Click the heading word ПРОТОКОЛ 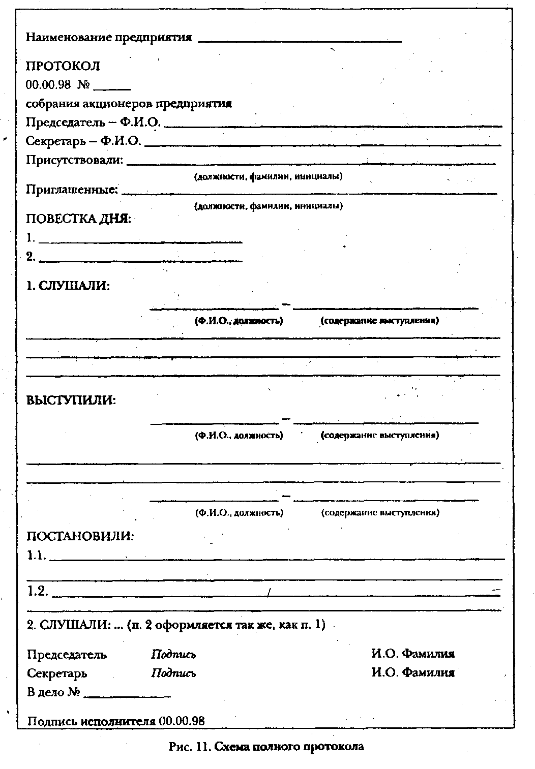click(63, 66)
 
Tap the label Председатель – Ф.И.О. click(94, 122)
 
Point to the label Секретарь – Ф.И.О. click(83, 141)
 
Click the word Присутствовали click(75, 160)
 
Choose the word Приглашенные click(72, 190)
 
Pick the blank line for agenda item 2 click(140, 261)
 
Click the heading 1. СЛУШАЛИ click(68, 286)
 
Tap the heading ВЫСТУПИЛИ click(71, 400)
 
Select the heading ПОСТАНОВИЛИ click(80, 536)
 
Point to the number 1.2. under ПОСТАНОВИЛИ click(38, 591)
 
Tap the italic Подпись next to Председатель click(173, 655)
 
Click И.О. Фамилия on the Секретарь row click(412, 673)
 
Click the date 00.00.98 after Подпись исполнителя click(182, 721)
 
